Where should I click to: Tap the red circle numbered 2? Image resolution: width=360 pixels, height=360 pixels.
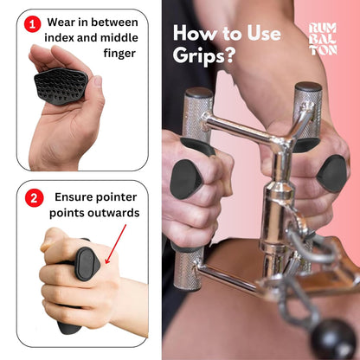[x=34, y=198]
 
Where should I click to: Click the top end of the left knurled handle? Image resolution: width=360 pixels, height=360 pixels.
[x=198, y=97]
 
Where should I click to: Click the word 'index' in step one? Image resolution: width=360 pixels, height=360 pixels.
[x=67, y=37]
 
